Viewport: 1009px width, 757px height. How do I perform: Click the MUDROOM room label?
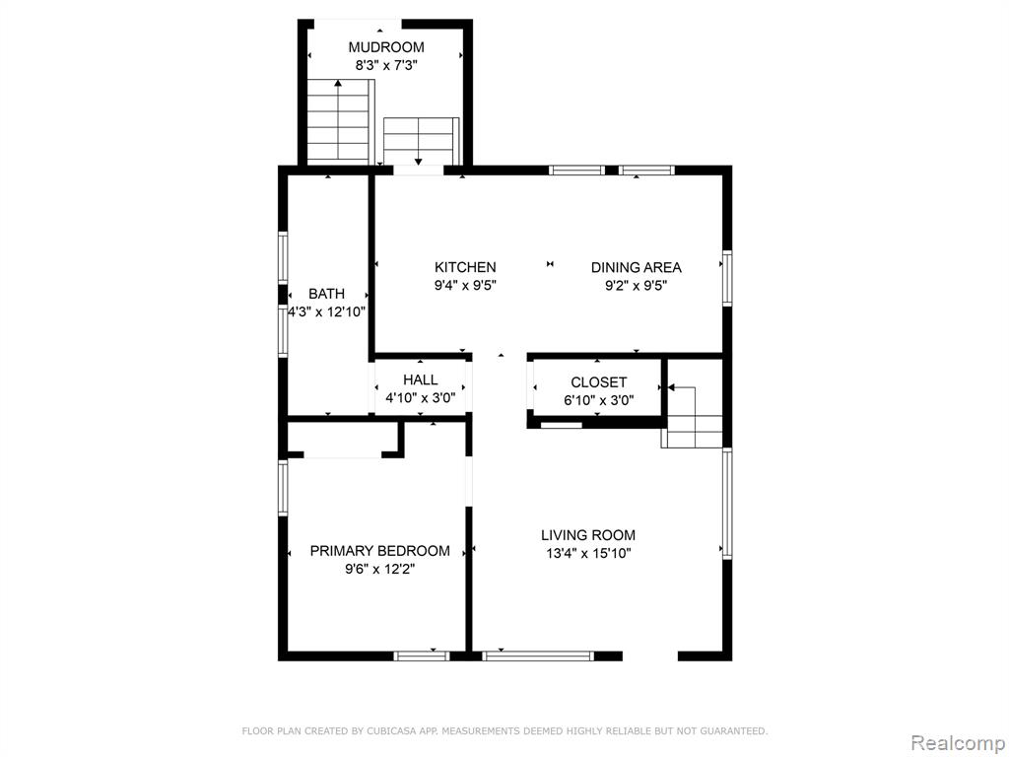386,47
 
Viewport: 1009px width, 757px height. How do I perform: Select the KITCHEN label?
465,267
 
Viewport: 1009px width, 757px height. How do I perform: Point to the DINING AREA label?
636,267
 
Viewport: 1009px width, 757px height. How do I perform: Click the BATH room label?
326,294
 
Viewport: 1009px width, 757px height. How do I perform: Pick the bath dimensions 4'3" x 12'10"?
327,312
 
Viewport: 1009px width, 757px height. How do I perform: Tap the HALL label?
420,379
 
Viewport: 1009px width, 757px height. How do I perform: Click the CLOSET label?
598,382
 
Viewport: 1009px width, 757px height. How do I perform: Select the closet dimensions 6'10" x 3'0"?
598,400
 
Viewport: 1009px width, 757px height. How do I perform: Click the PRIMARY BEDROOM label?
379,551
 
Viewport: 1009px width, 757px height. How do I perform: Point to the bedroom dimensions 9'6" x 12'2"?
379,569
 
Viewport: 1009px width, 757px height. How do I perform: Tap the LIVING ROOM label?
587,535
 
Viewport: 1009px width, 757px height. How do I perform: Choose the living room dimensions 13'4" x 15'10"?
588,553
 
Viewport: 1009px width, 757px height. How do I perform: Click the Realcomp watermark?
958,743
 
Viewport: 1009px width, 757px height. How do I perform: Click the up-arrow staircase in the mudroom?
340,121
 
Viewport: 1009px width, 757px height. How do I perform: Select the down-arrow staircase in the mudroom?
421,141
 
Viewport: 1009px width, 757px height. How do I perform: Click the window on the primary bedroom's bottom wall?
422,655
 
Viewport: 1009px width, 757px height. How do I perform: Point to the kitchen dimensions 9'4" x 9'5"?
465,285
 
